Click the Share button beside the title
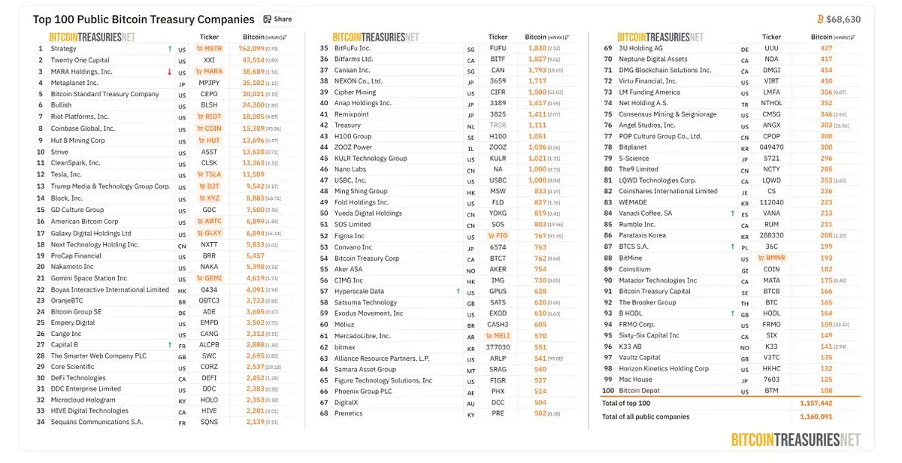tap(277, 19)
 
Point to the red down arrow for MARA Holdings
tap(170, 71)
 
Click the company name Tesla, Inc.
tap(66, 174)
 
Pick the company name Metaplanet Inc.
tap(74, 83)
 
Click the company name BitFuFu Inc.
tap(353, 48)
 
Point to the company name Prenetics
tap(349, 413)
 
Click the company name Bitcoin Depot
tap(640, 391)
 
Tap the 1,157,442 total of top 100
tap(816, 404)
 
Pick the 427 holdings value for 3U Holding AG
tap(827, 48)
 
